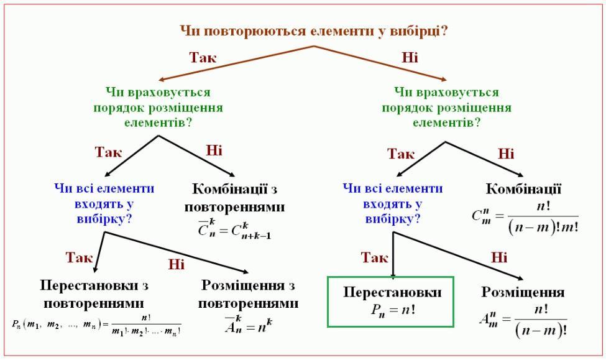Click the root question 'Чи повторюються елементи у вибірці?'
(x=313, y=30)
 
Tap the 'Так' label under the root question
(x=203, y=58)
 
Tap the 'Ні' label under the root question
(x=410, y=58)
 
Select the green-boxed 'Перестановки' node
(x=392, y=292)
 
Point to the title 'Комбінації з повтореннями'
(x=239, y=198)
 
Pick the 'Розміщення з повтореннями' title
(x=248, y=295)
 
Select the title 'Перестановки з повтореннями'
(x=94, y=295)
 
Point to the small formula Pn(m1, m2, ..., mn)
(x=96, y=325)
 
